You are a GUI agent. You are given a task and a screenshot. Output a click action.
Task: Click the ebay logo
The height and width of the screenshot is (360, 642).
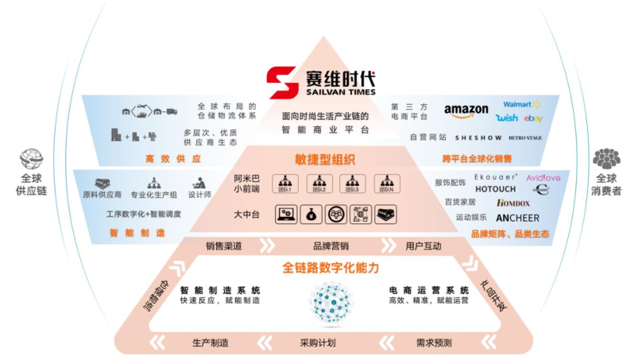click(x=533, y=118)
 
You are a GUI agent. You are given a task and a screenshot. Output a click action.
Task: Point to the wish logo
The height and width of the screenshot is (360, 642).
click(x=507, y=118)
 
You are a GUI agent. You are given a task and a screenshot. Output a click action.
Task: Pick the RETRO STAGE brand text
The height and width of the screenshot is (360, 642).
click(x=525, y=137)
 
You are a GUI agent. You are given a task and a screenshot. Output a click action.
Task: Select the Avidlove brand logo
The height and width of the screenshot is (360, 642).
click(x=543, y=177)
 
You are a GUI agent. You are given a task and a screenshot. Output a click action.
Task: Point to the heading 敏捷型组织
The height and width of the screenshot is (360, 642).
click(x=322, y=157)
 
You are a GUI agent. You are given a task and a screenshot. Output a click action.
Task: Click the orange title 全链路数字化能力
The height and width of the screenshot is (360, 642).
click(x=321, y=268)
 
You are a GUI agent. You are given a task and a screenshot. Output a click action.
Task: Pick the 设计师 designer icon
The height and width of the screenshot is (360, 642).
click(x=199, y=182)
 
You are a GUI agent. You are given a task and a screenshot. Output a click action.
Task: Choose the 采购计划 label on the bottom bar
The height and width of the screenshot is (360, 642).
click(x=318, y=343)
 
